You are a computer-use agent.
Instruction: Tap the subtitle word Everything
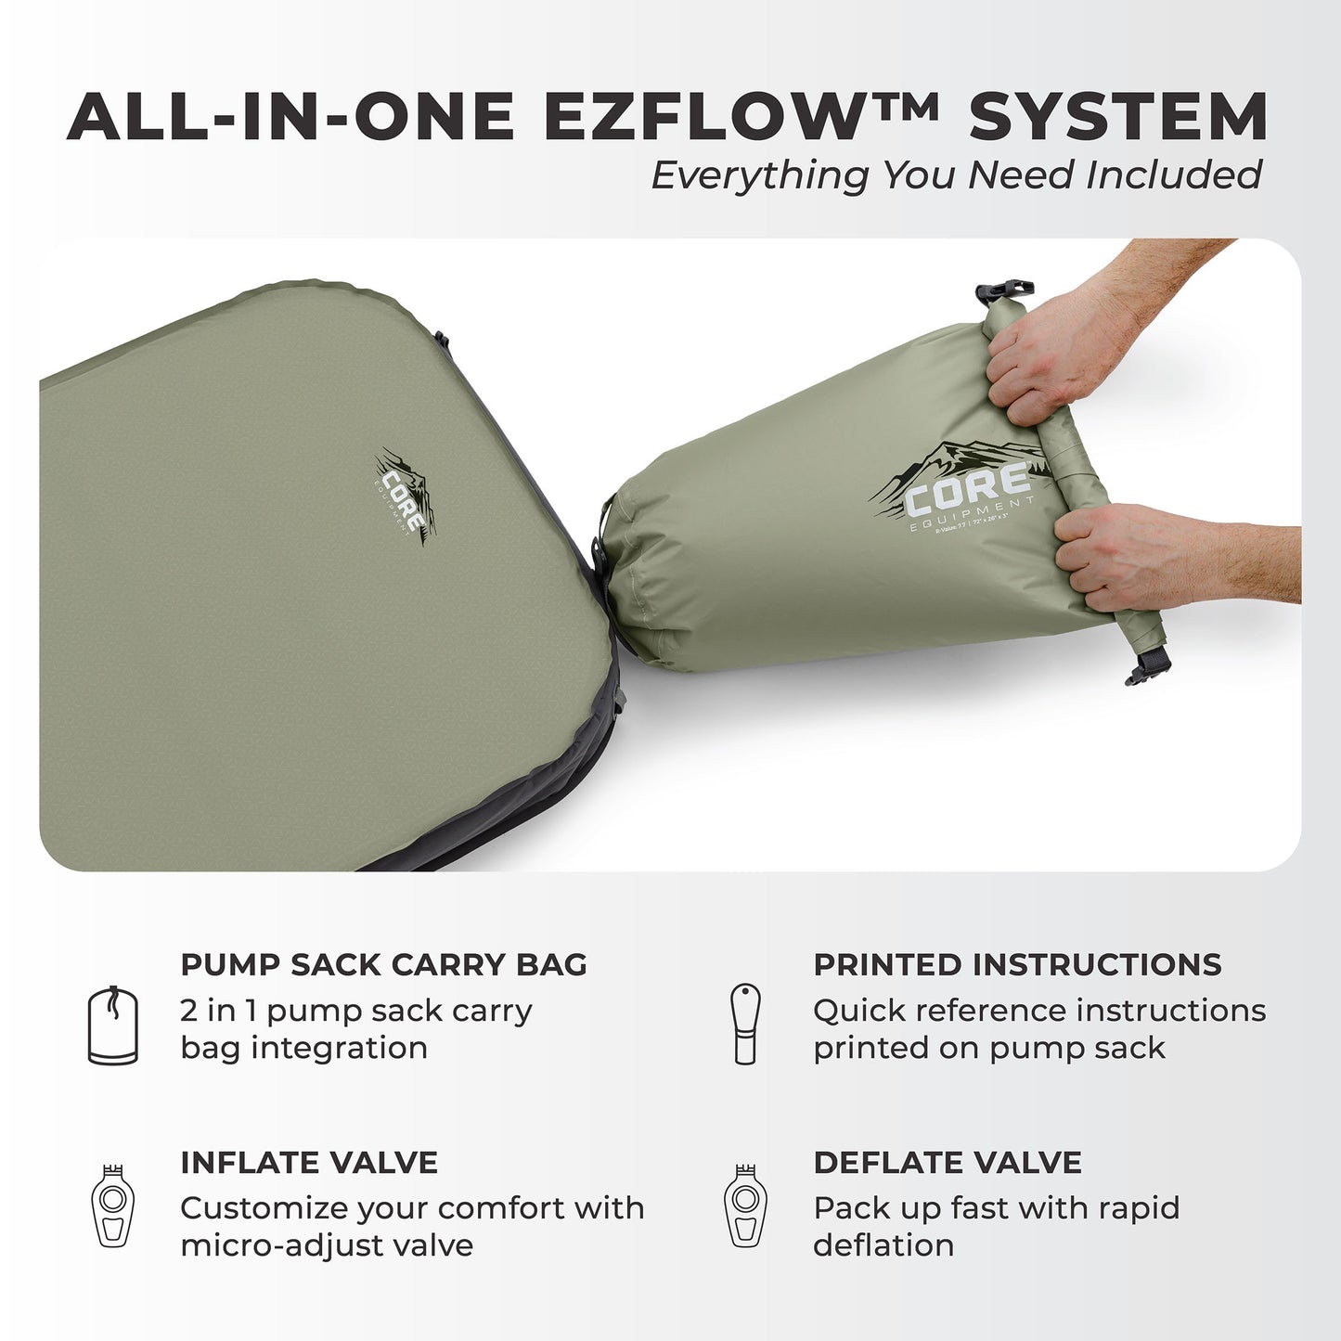click(759, 174)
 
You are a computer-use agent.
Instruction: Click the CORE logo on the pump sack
click(965, 492)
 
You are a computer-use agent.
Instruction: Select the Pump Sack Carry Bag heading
click(383, 964)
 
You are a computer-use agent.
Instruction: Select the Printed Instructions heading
click(1017, 964)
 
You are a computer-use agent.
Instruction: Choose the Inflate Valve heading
click(308, 1162)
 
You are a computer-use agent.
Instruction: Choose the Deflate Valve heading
click(947, 1162)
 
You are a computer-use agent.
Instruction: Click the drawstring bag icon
click(112, 1025)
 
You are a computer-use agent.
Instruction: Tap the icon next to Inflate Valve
click(112, 1206)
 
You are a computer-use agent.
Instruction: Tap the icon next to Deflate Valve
click(745, 1206)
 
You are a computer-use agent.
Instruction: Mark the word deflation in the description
click(883, 1245)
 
